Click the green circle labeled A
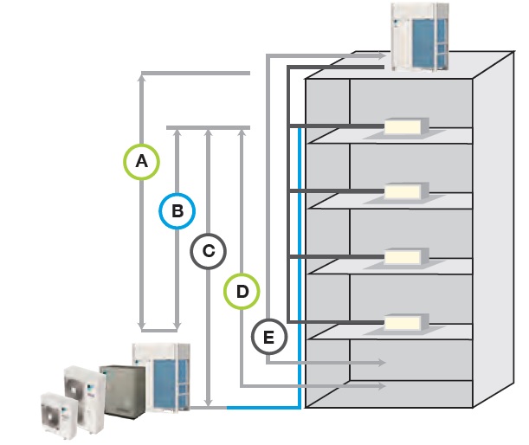pos(142,160)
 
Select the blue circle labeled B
pos(177,210)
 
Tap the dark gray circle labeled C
pos(209,251)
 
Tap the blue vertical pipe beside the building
pos(299,260)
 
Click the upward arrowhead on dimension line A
pos(142,78)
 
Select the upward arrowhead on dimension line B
pos(177,132)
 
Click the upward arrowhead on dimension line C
pos(209,132)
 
